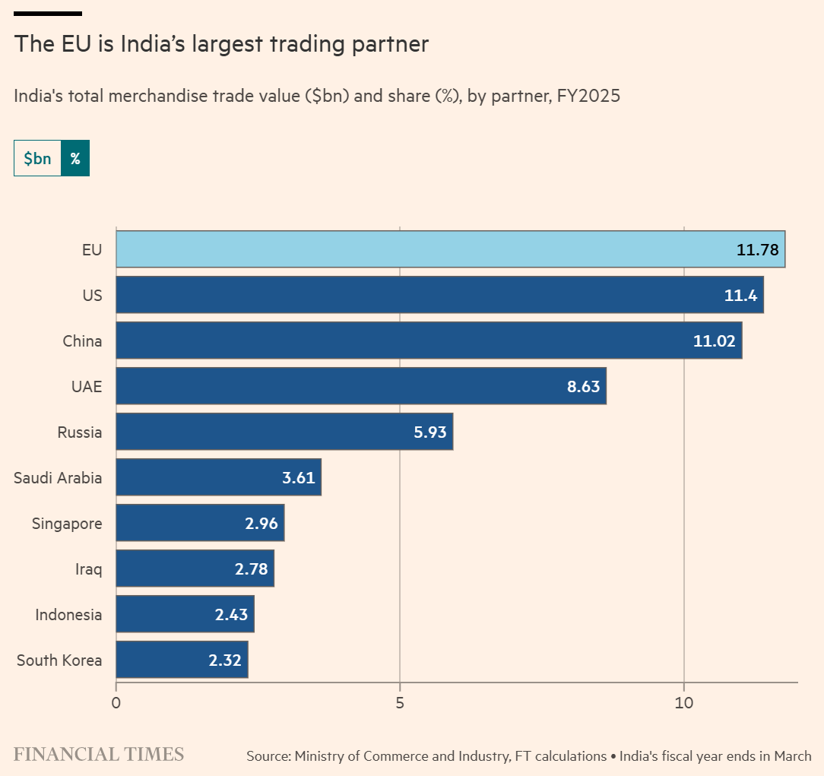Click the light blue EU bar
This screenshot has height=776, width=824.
point(450,249)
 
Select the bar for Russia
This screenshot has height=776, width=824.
point(284,432)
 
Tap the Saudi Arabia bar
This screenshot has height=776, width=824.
point(218,477)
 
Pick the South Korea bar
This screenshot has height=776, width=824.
point(182,660)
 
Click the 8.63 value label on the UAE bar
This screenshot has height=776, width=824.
point(583,386)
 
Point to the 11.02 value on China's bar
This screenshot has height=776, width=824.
point(714,340)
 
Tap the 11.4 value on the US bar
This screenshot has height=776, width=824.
point(740,295)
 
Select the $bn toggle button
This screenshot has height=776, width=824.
point(37,158)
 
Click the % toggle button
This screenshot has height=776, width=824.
point(75,158)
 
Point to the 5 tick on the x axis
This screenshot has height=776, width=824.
point(400,703)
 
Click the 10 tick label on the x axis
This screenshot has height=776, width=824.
point(684,703)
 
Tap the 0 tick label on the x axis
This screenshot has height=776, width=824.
point(116,703)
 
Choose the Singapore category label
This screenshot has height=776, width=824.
point(67,523)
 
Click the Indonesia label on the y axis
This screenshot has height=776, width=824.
point(68,614)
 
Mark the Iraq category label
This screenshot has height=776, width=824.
point(88,569)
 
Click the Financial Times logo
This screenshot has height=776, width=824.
point(99,754)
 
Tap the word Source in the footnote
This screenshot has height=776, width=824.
point(268,756)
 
